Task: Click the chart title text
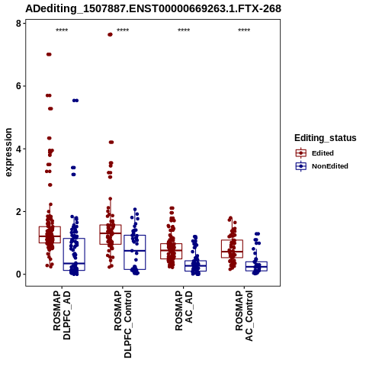(153, 9)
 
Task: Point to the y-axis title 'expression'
(8, 152)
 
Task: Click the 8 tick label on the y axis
(18, 24)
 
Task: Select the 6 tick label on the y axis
(18, 86)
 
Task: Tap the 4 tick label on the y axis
(18, 149)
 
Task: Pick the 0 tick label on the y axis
(18, 274)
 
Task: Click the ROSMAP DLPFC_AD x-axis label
(62, 315)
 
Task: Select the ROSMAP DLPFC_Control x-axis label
(123, 324)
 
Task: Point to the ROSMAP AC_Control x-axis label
(244, 316)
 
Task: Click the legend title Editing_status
(326, 138)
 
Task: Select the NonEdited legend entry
(322, 166)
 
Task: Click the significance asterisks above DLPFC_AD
(62, 30)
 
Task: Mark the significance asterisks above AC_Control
(244, 30)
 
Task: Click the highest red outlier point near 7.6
(110, 34)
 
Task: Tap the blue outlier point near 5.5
(75, 101)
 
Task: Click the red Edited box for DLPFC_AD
(50, 235)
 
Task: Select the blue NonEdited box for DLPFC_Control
(135, 252)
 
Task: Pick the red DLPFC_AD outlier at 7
(49, 54)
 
